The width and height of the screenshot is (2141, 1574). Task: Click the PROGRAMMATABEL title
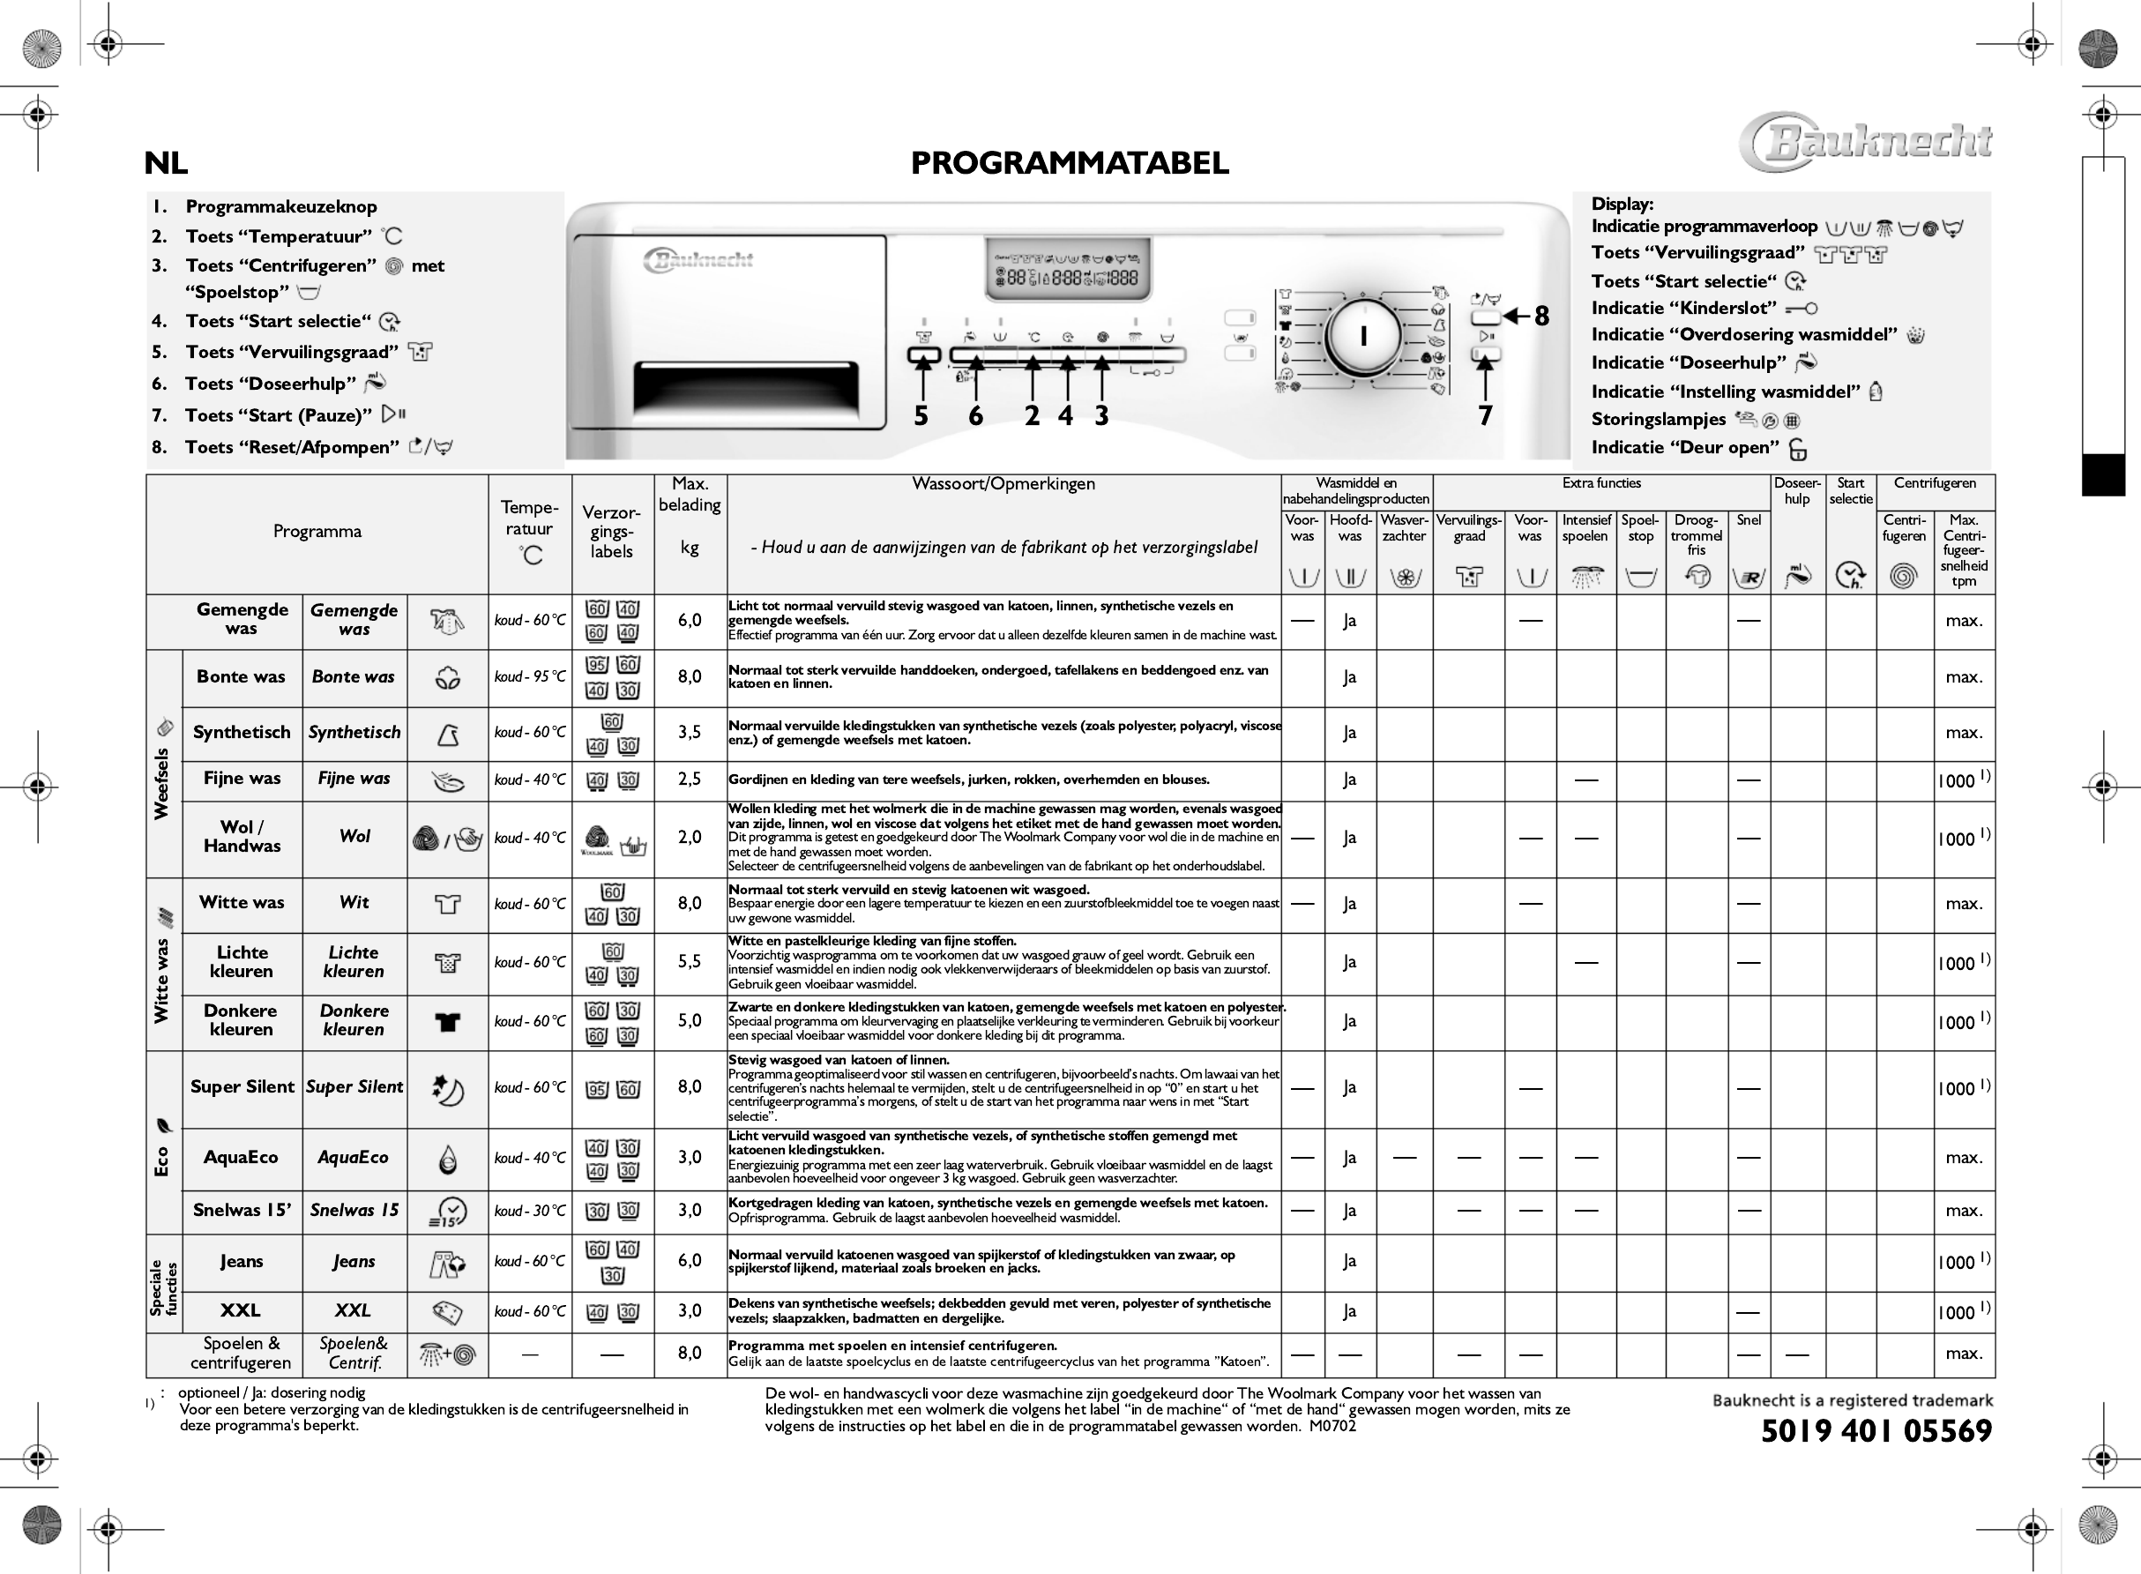pos(1069,163)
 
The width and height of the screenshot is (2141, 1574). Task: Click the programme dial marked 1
pos(1363,336)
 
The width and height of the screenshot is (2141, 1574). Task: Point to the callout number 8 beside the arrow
pos(1540,317)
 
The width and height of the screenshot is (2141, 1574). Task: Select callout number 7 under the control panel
pos(1484,415)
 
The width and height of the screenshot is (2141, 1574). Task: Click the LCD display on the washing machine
pos(1067,268)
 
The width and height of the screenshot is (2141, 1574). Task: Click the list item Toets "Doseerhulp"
pos(271,383)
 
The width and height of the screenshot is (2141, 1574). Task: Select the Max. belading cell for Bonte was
pos(689,676)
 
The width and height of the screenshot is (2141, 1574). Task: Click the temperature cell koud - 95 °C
pos(529,676)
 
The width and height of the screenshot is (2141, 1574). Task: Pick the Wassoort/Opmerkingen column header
pos(1003,484)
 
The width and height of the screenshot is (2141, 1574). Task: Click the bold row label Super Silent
pos(242,1087)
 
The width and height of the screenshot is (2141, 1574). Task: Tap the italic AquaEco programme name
pos(353,1158)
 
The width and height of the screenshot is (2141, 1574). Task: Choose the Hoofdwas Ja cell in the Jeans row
pos(1349,1262)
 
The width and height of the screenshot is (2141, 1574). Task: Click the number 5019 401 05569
pos(1876,1431)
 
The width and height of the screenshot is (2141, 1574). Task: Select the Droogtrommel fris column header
pos(1696,534)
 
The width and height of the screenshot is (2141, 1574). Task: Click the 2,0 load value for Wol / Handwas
pos(689,838)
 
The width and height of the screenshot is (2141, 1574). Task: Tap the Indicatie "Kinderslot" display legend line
pos(1683,308)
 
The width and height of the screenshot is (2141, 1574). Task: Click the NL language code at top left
pos(166,164)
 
